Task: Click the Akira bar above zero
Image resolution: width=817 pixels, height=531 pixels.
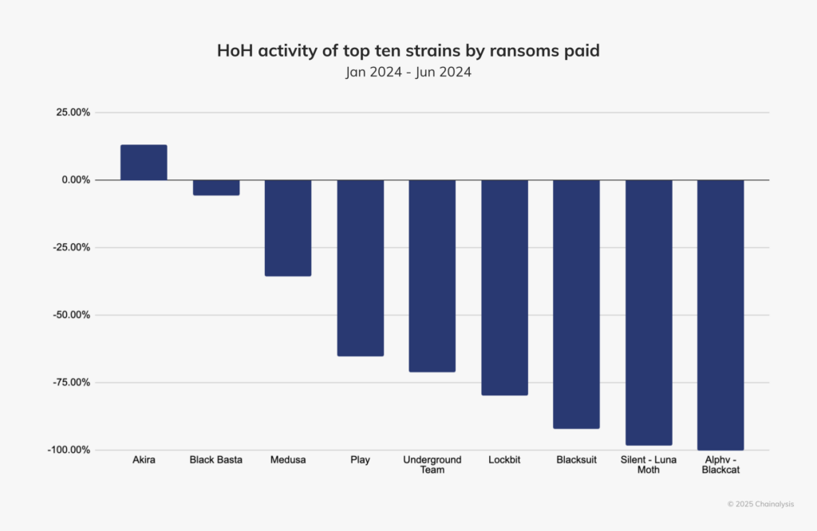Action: [x=144, y=163]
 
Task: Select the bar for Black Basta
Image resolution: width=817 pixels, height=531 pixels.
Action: [x=216, y=187]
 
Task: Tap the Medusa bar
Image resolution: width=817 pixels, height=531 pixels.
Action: [x=288, y=228]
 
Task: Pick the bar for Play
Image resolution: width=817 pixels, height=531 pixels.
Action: [x=360, y=268]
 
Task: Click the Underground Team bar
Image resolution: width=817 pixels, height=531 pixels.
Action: [x=432, y=276]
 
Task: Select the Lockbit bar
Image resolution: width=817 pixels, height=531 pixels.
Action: [x=504, y=288]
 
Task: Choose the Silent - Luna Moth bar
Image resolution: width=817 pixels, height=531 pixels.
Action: [x=649, y=313]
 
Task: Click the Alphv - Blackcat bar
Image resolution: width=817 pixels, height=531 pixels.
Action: [x=720, y=315]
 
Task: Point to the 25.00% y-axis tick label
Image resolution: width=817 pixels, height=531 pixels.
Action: [x=69, y=112]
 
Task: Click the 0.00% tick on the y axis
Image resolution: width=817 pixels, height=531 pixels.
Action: [x=72, y=180]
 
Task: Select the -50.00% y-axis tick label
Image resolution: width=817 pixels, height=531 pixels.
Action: [x=68, y=315]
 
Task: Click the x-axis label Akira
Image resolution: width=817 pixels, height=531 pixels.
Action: [x=144, y=460]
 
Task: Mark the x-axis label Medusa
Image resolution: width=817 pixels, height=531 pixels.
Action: [x=288, y=460]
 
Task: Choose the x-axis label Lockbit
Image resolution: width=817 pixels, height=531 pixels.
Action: [x=504, y=460]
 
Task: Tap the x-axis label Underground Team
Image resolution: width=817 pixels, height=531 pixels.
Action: [x=432, y=465]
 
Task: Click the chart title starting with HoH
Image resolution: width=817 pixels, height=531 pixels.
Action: [x=408, y=51]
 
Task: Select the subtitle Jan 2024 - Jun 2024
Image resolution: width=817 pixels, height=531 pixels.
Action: [x=408, y=73]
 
